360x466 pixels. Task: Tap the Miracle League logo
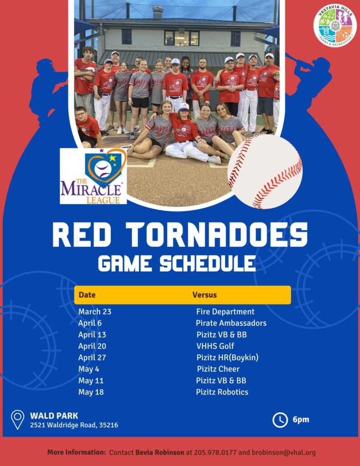tap(93, 176)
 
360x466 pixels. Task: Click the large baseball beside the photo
tap(265, 172)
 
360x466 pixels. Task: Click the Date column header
tap(87, 295)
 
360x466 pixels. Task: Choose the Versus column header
tap(204, 295)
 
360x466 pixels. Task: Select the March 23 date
tap(95, 311)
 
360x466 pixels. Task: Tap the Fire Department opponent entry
tap(225, 311)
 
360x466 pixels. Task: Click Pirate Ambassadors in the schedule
tap(231, 323)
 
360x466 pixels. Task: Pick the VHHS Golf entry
tap(215, 346)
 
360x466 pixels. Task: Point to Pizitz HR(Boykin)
tap(228, 357)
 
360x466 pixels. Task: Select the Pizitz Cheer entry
tap(218, 369)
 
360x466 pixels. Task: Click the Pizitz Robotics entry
tap(222, 392)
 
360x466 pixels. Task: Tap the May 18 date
tap(91, 392)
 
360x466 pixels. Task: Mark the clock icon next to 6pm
tap(280, 420)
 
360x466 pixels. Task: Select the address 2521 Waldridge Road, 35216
tap(74, 425)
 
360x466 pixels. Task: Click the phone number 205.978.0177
tap(215, 453)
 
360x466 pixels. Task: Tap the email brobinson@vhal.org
tap(284, 453)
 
